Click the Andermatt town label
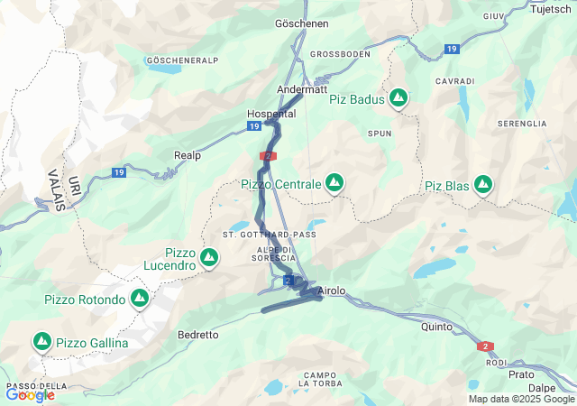click(x=303, y=89)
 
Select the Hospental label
click(x=270, y=115)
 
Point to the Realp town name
click(x=188, y=155)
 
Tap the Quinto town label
click(x=436, y=328)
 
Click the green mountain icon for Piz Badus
click(x=398, y=98)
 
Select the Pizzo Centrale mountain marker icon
click(x=334, y=183)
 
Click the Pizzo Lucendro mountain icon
click(x=209, y=258)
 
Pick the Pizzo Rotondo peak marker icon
click(x=139, y=298)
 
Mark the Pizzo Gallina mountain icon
click(x=41, y=342)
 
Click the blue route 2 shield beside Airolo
click(x=288, y=281)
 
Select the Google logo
click(x=30, y=394)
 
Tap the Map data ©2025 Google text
click(x=520, y=399)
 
